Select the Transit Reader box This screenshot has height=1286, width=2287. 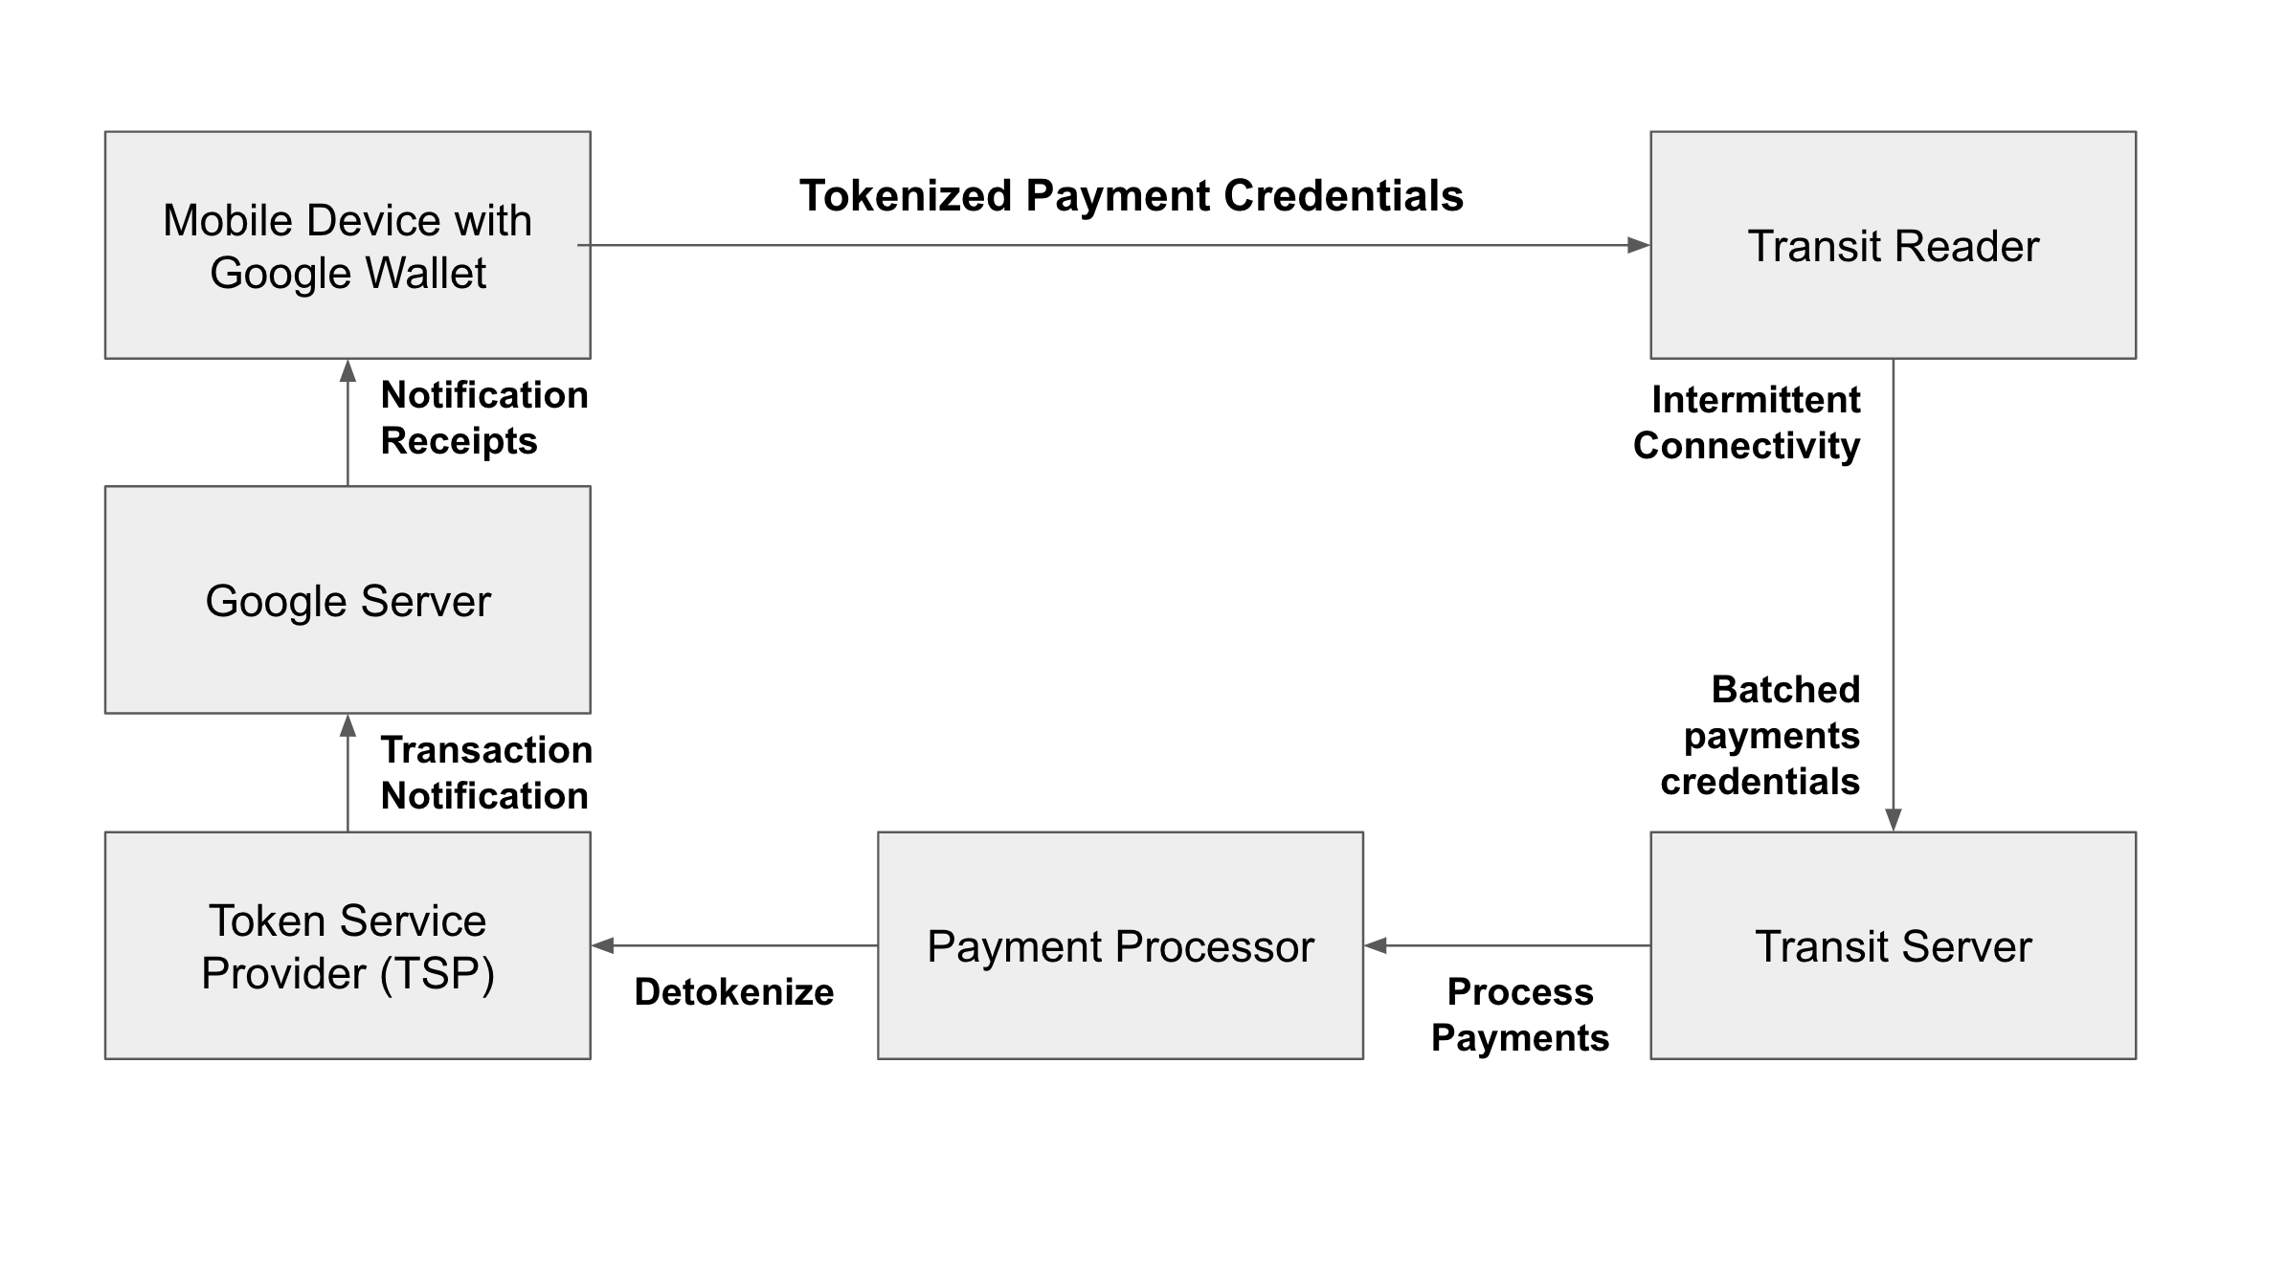pos(1893,246)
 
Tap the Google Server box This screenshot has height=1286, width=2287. pos(348,600)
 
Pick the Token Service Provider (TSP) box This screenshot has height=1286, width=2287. pos(348,945)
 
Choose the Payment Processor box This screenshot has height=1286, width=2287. pos(1120,945)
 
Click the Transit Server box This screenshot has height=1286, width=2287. pos(1893,945)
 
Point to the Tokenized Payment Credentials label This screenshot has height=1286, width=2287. pos(1132,196)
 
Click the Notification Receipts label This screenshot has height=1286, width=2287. pos(483,418)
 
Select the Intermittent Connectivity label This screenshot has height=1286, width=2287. pos(1747,422)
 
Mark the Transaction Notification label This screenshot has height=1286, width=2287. pos(485,772)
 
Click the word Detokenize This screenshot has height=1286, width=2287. pos(733,992)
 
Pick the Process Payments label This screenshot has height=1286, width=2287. pos(1520,1014)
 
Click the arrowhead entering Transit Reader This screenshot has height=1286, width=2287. pos(1638,246)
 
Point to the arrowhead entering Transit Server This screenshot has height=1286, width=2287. pos(1893,820)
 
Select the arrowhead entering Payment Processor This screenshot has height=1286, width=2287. pos(1376,945)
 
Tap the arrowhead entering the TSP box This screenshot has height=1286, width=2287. pos(603,945)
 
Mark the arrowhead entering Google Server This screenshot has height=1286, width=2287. pos(348,726)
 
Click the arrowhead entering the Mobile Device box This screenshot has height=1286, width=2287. pos(348,371)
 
